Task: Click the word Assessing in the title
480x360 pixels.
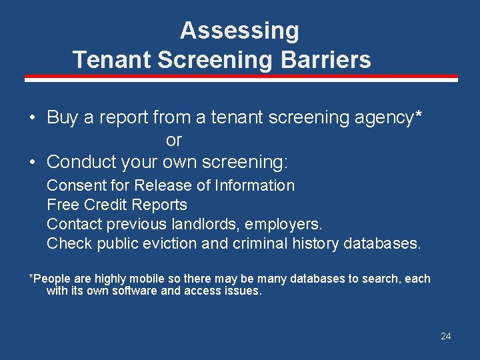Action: click(239, 31)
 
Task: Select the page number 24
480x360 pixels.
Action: click(445, 336)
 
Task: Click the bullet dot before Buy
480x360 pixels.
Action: click(32, 118)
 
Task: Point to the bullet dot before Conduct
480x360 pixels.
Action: click(32, 162)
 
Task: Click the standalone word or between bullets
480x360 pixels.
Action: click(173, 141)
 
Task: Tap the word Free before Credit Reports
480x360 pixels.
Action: click(60, 205)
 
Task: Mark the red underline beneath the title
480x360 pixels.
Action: click(241, 78)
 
